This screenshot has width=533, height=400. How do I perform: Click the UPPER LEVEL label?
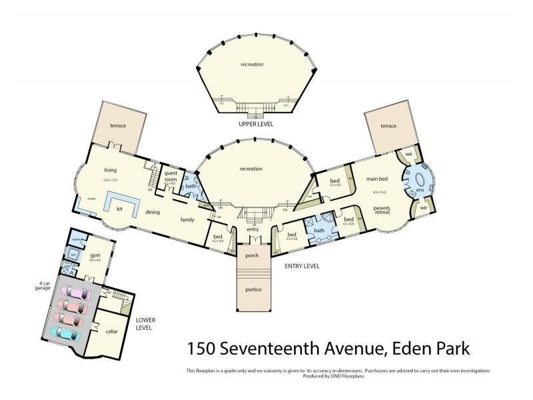coord(252,125)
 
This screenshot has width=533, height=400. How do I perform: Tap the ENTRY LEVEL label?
coord(301,265)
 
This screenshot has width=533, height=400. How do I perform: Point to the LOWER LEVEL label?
coord(145,323)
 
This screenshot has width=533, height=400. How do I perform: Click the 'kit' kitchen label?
coord(119,209)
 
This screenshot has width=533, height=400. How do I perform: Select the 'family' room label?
coord(187,219)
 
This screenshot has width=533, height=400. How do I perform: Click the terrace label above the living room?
coord(119,126)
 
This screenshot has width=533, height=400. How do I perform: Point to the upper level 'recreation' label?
coord(252,65)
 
